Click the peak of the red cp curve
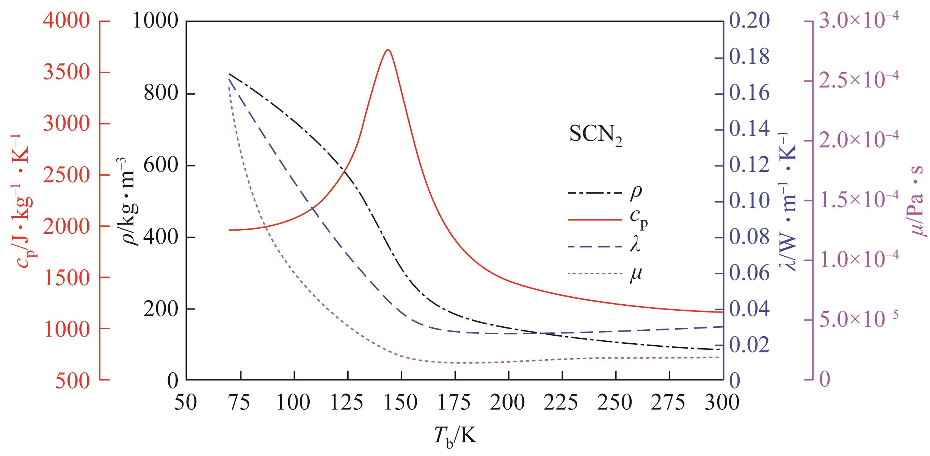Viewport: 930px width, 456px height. [387, 50]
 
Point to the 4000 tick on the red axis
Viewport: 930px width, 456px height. [66, 22]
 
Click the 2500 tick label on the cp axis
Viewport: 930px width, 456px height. [66, 175]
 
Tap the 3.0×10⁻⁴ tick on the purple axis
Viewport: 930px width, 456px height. [859, 21]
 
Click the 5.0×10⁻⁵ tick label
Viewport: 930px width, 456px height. [859, 319]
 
